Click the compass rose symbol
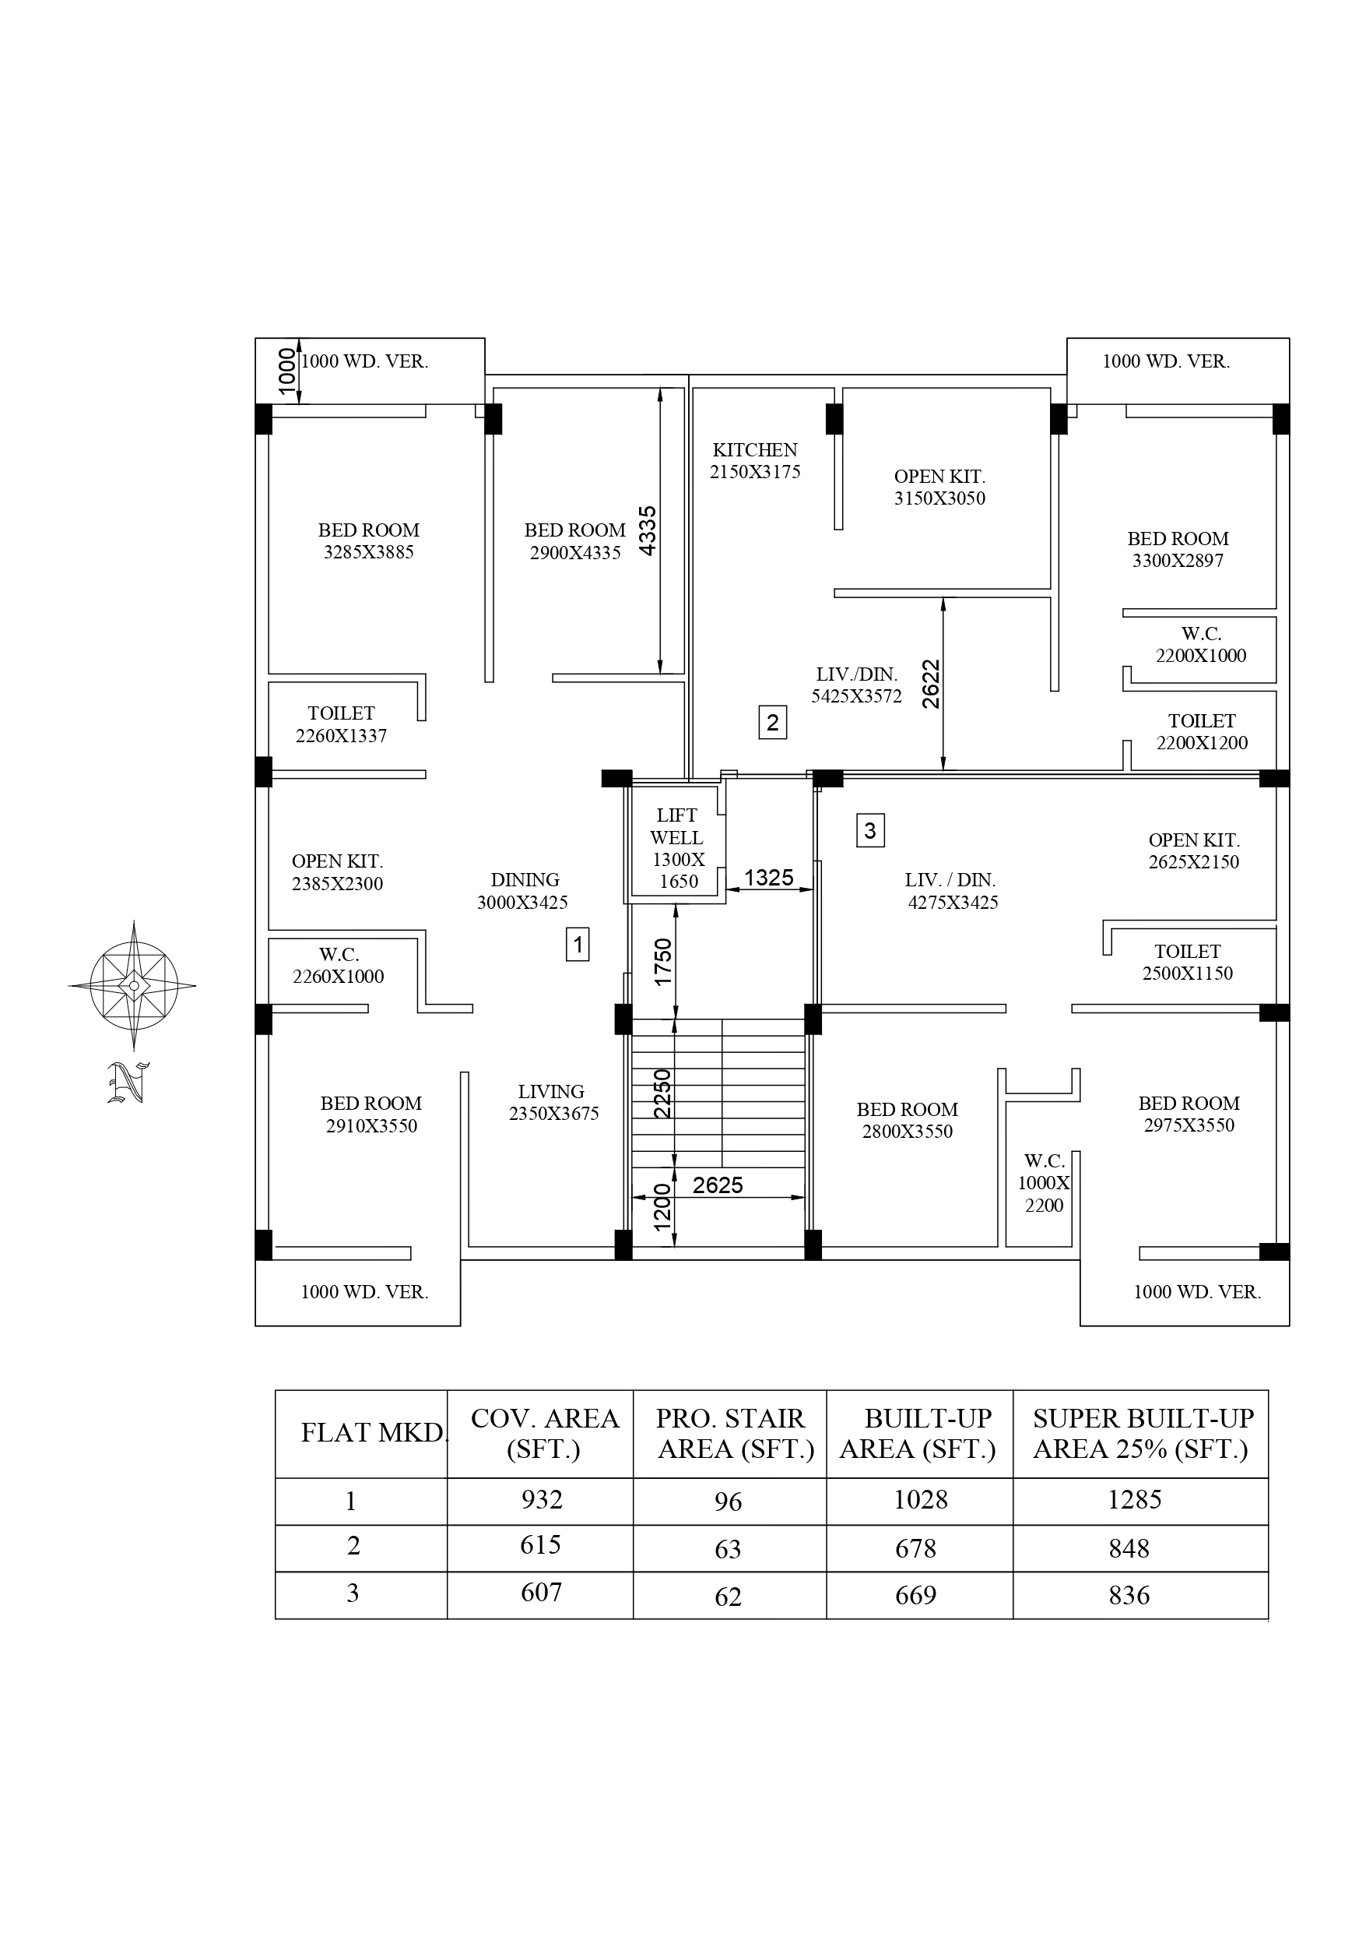click(x=133, y=984)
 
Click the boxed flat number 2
click(x=772, y=723)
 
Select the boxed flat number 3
click(x=869, y=831)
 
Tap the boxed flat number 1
click(x=578, y=944)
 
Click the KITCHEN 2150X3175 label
click(x=755, y=460)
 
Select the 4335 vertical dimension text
click(x=648, y=530)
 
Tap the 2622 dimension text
click(x=930, y=684)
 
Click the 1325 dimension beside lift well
click(x=768, y=877)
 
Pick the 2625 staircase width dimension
click(x=717, y=1185)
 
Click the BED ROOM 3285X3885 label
click(x=369, y=540)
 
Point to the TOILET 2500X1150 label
click(x=1187, y=962)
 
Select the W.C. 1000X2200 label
click(x=1044, y=1182)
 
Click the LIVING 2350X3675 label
click(x=552, y=1102)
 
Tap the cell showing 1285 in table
click(x=1134, y=1499)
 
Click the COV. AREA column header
click(x=544, y=1434)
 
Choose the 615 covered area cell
click(x=539, y=1545)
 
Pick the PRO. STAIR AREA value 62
click(x=727, y=1597)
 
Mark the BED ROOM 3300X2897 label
click(x=1178, y=549)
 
